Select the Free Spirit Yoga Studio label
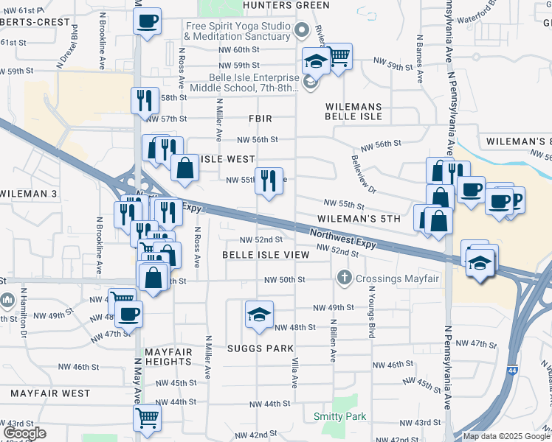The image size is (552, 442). [x=237, y=30]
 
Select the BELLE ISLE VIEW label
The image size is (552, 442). [x=266, y=254]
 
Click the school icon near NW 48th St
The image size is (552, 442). [x=260, y=315]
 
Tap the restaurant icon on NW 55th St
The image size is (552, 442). [x=269, y=180]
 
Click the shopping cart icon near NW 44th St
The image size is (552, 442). [x=148, y=417]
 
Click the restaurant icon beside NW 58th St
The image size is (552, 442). [x=145, y=100]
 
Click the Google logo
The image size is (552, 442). [x=24, y=433]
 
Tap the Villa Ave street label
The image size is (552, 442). [x=294, y=374]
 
